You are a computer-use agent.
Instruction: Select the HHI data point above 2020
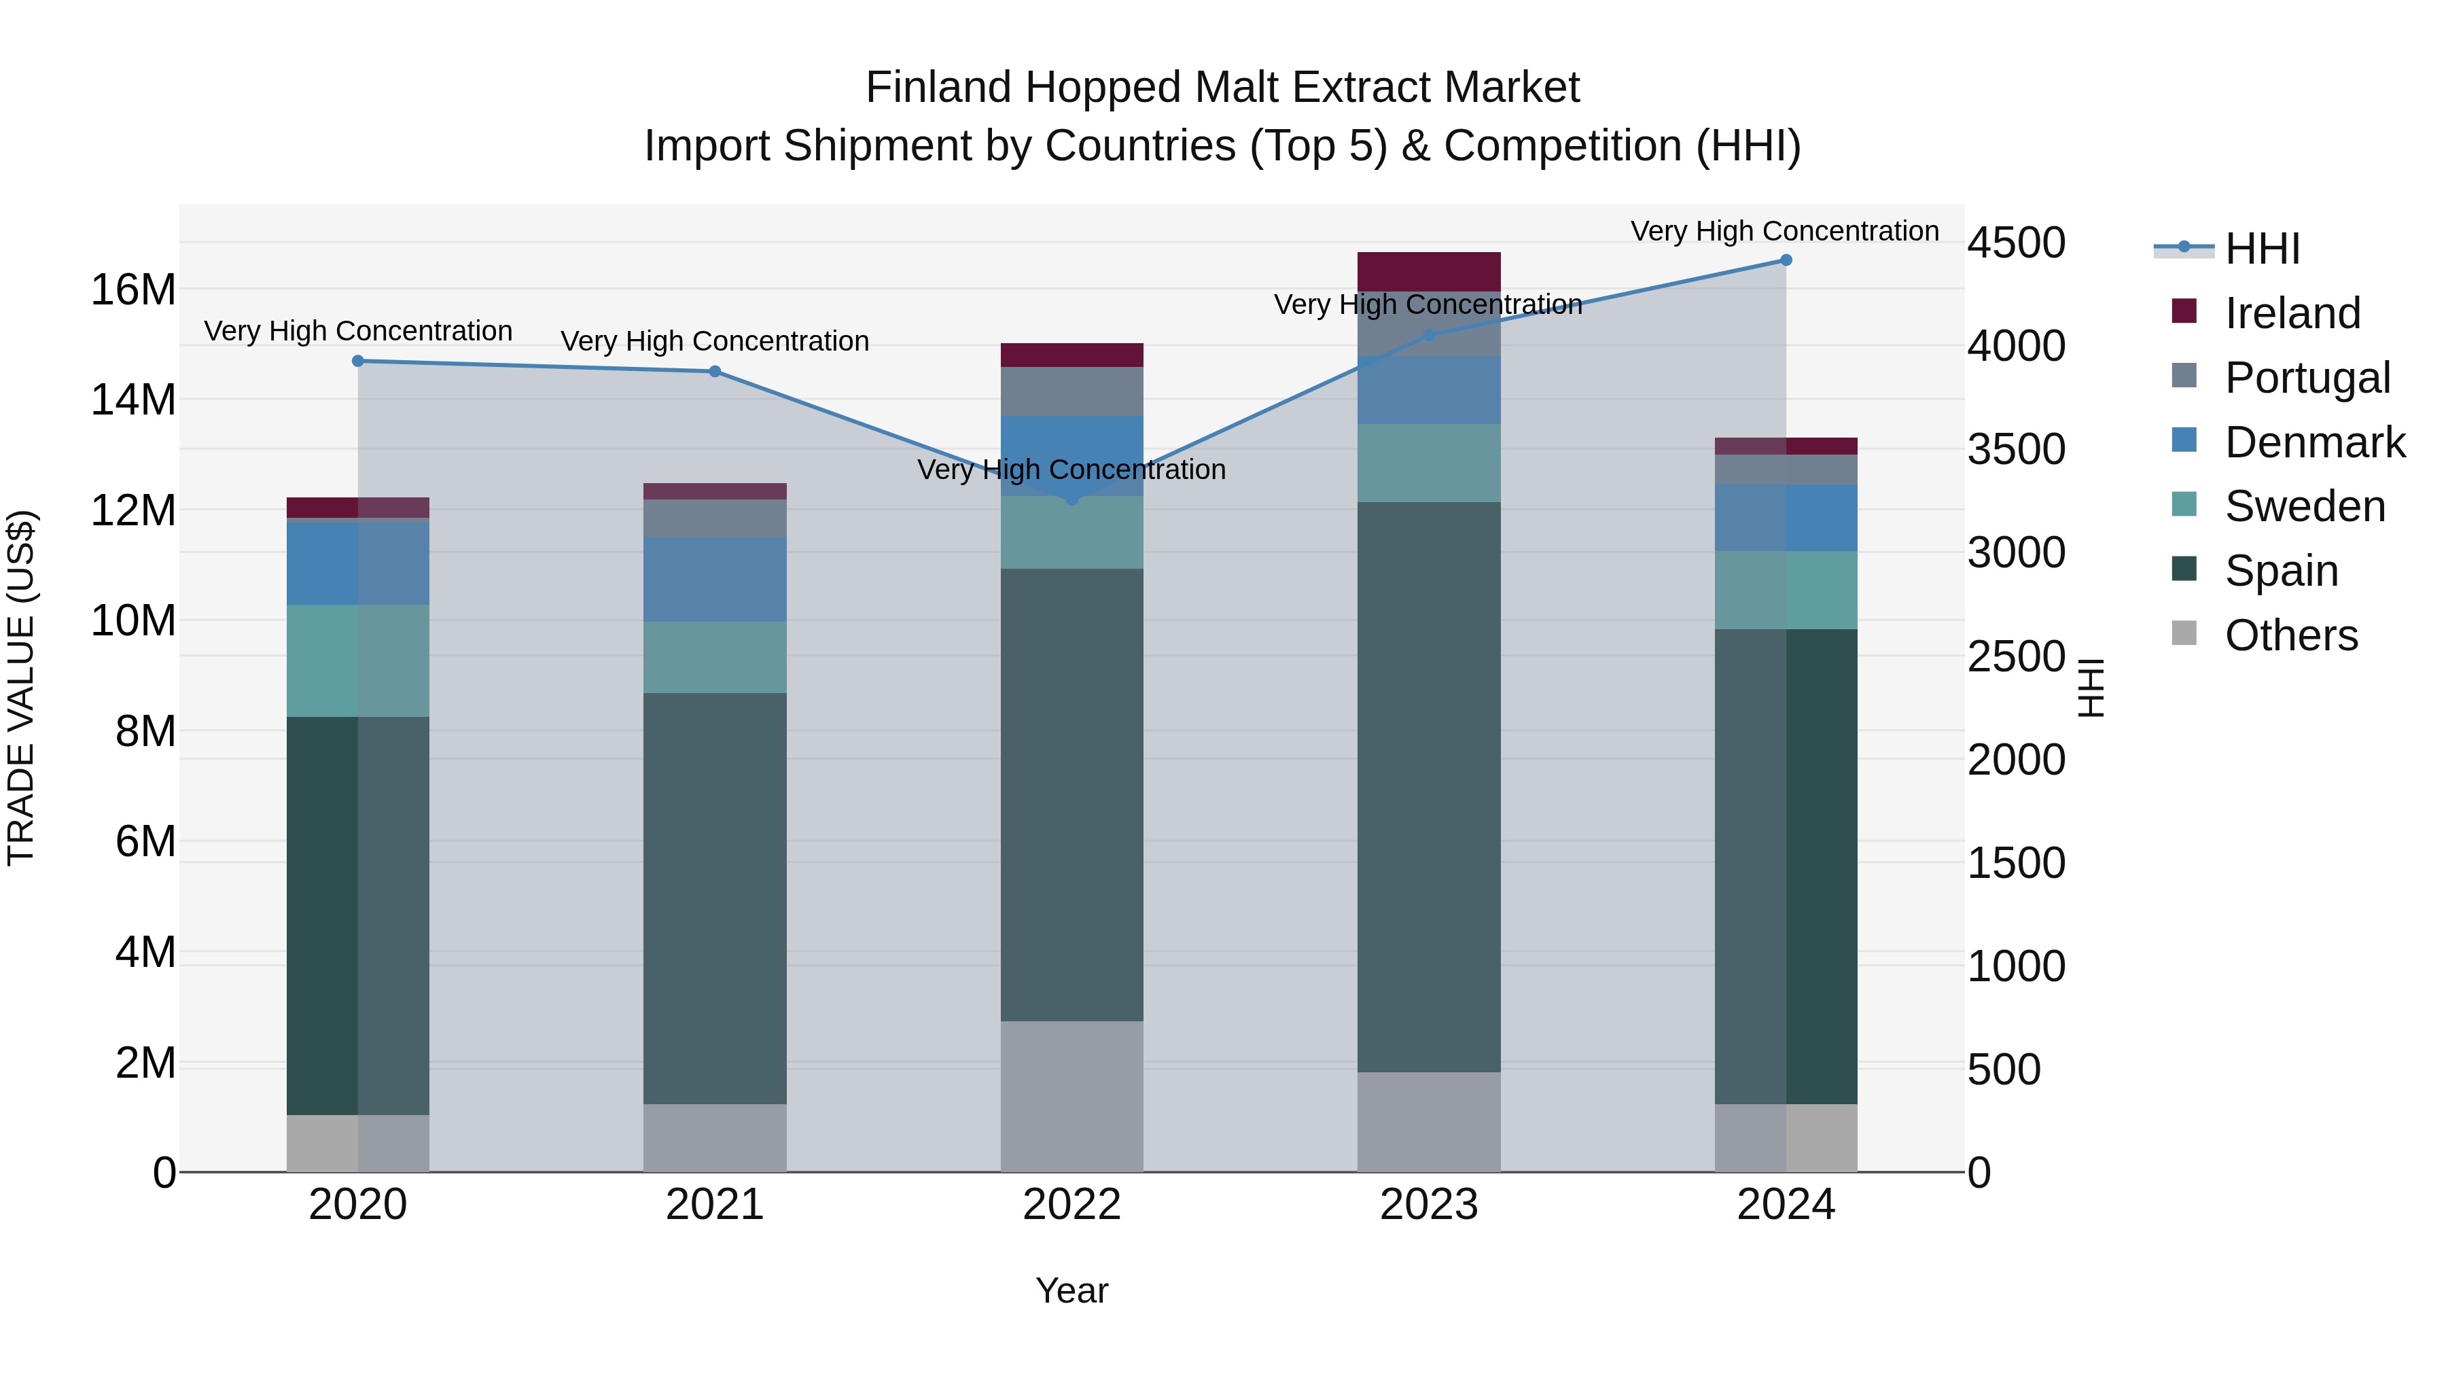(358, 361)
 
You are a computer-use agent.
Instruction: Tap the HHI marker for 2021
(715, 371)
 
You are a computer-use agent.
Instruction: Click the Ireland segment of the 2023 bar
(1428, 272)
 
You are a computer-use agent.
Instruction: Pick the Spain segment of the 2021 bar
(715, 898)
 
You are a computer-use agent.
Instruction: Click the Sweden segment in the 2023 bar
(1428, 463)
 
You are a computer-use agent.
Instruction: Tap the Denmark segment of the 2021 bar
(715, 579)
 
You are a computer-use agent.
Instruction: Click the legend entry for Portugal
(2307, 378)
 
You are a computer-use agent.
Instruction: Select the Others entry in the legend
(2290, 635)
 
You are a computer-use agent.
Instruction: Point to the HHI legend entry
(2262, 249)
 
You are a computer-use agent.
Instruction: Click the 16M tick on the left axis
(133, 289)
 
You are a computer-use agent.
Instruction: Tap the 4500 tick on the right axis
(2016, 243)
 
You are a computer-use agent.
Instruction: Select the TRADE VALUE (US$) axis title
(22, 688)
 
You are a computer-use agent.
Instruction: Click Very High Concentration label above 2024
(1784, 231)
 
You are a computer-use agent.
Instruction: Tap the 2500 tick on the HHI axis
(2016, 657)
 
